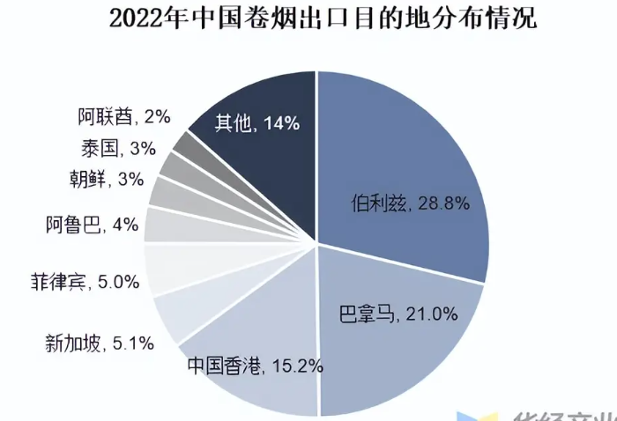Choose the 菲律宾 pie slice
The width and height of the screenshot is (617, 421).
164,270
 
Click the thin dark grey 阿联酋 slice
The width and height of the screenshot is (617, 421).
186,143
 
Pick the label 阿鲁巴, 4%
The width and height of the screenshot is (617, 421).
92,224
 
